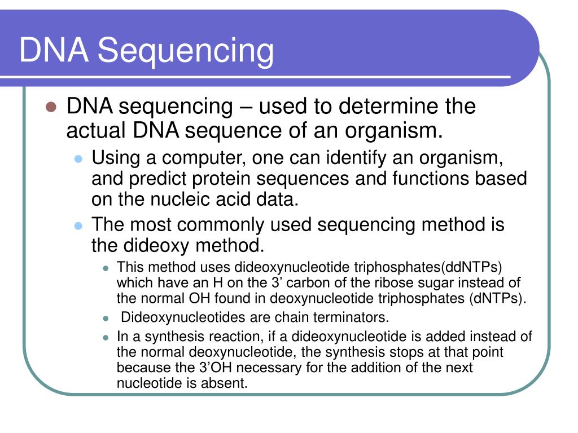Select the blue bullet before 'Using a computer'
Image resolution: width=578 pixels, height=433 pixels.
78,158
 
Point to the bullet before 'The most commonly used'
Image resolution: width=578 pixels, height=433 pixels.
78,226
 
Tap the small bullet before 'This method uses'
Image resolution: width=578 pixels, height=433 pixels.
106,267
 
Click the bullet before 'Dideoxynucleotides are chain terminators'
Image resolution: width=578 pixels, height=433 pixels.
106,318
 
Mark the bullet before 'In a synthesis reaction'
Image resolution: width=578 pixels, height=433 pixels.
106,338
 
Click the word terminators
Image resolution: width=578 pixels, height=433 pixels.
356,317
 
